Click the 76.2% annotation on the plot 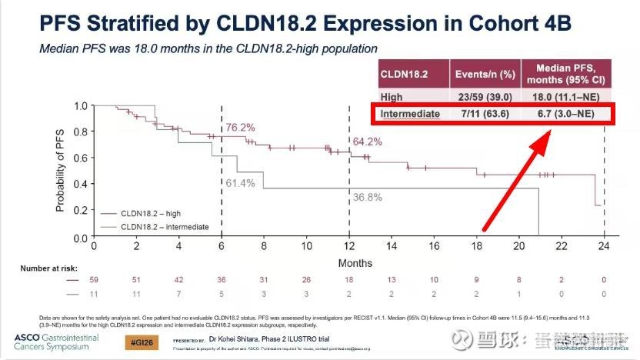tap(240, 127)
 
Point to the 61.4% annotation tap(240, 182)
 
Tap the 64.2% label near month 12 tap(368, 142)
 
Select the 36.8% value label tap(368, 198)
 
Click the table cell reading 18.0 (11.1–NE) tap(566, 97)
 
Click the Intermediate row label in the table tap(410, 114)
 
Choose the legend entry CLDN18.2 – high tap(151, 214)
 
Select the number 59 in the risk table tap(94, 281)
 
